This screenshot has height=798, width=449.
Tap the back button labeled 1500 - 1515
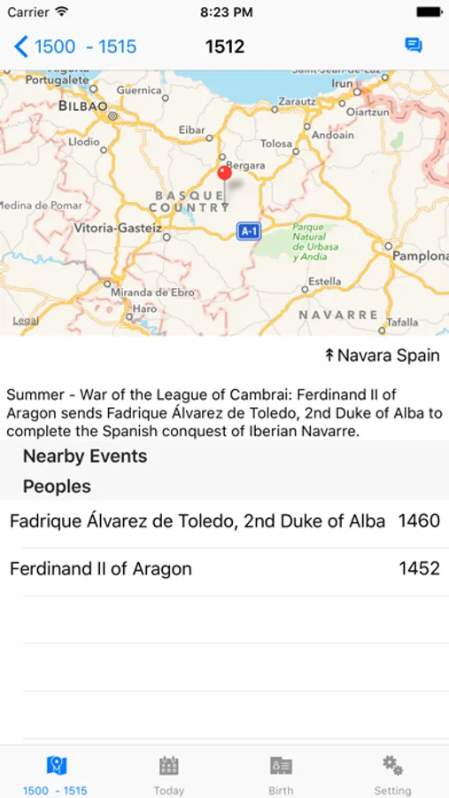(76, 46)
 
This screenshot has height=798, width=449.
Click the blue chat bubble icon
(413, 45)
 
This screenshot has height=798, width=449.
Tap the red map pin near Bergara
(224, 172)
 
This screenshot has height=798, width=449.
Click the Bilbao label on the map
(82, 106)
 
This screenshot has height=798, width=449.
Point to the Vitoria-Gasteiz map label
(118, 228)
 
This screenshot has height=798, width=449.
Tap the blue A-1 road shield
(249, 231)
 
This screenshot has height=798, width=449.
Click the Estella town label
(324, 282)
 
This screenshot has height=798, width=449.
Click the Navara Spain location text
(382, 356)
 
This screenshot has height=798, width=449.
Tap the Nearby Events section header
(85, 457)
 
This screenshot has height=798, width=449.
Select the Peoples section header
(57, 487)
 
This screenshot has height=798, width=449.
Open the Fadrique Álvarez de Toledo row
(197, 521)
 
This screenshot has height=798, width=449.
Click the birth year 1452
(419, 568)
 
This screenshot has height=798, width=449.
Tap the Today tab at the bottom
(169, 773)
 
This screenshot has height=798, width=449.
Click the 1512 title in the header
(225, 46)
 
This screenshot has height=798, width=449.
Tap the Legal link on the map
(25, 321)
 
